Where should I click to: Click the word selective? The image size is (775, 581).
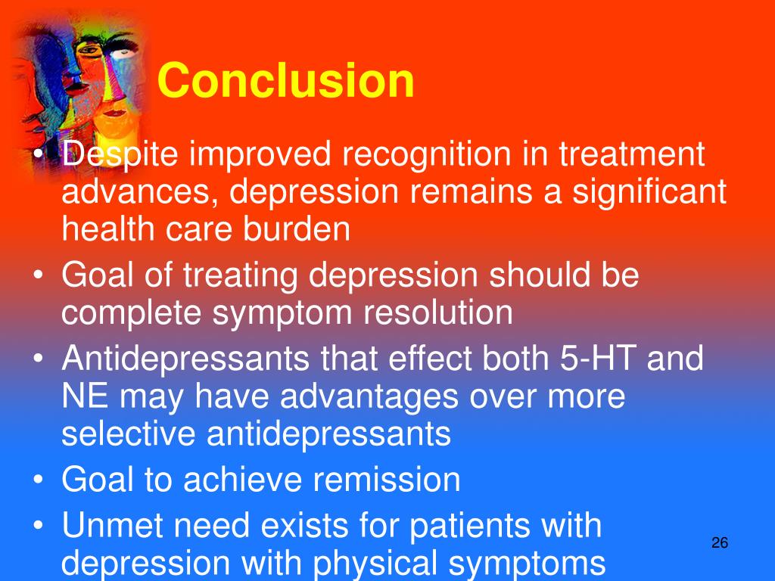(x=129, y=433)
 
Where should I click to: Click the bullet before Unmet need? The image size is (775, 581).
(x=38, y=526)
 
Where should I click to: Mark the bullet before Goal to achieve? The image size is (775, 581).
(x=38, y=480)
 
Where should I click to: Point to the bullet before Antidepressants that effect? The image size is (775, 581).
(x=38, y=359)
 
